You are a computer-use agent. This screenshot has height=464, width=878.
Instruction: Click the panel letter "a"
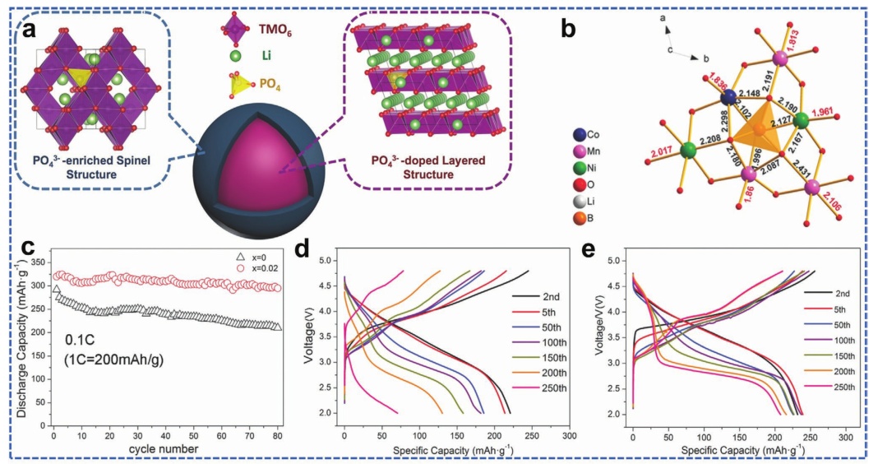(29, 30)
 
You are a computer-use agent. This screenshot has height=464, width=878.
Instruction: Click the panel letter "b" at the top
(568, 30)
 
